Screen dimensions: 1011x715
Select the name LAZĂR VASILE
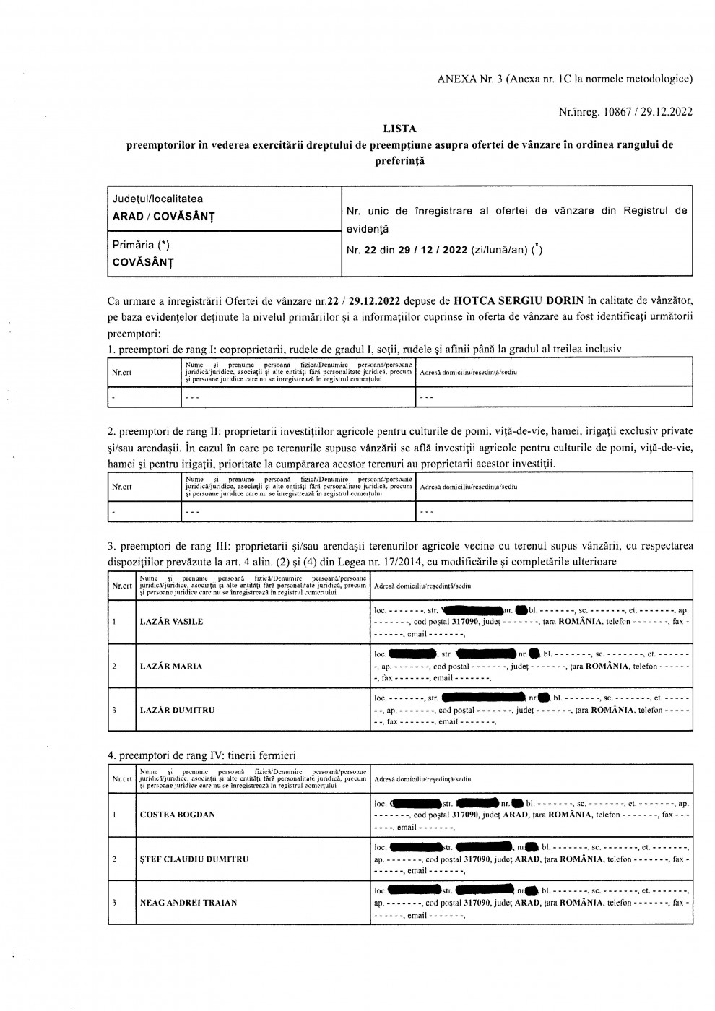(171, 622)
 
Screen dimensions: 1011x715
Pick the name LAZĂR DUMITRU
(177, 710)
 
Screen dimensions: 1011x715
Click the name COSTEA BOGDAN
(177, 815)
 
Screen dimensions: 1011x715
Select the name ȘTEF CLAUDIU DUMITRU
(194, 859)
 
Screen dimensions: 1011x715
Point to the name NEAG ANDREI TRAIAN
(188, 903)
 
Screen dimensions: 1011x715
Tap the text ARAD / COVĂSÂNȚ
(163, 216)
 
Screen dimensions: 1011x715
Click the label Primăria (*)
(141, 245)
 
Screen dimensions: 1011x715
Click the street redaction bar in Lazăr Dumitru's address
(482, 698)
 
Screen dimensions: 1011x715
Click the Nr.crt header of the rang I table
(121, 372)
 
